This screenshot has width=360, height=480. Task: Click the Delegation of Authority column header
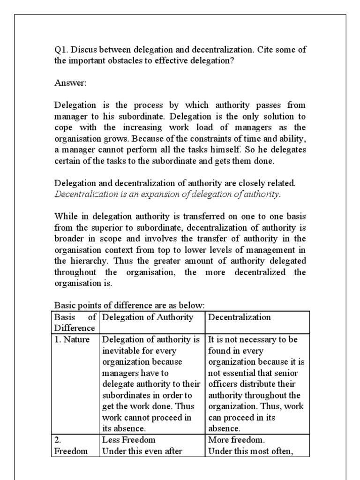(x=148, y=317)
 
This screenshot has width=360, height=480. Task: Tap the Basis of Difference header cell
(x=75, y=322)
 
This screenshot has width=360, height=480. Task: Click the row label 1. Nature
(x=72, y=339)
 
